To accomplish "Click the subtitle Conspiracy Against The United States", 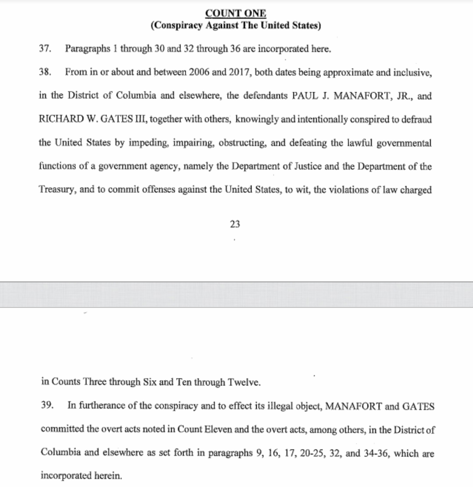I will [236, 26].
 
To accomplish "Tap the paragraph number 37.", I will [46, 49].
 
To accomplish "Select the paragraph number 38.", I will [46, 73].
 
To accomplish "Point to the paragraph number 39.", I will [47, 406].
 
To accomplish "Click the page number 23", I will [235, 224].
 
